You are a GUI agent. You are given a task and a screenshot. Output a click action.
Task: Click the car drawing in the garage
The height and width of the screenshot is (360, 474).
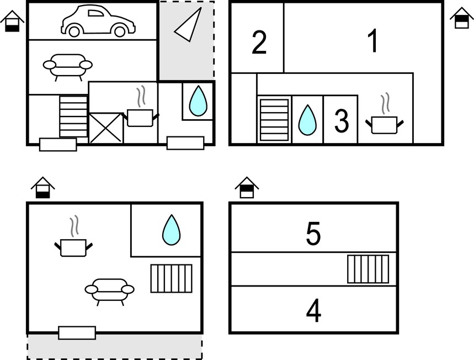(x=98, y=20)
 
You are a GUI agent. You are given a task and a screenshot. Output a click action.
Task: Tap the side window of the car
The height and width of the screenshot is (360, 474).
(x=95, y=13)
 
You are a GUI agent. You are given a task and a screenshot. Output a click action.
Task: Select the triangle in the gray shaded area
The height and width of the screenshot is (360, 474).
(x=188, y=24)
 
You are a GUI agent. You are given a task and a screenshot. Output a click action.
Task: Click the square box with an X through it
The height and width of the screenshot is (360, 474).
(x=106, y=128)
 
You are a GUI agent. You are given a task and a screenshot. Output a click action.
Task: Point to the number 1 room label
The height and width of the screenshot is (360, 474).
(x=373, y=40)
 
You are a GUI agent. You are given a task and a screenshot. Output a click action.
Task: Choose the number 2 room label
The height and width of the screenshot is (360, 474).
(x=259, y=43)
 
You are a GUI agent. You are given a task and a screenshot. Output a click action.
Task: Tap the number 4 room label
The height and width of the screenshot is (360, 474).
(x=313, y=311)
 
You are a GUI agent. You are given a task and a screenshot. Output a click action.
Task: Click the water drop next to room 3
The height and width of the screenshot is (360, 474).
(x=307, y=120)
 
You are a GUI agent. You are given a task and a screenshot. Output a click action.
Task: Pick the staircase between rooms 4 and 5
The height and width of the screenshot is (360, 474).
(x=368, y=269)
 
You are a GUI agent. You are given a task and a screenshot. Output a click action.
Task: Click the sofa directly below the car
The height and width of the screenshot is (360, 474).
(x=68, y=66)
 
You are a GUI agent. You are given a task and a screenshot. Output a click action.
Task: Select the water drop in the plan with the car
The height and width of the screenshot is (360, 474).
(x=198, y=100)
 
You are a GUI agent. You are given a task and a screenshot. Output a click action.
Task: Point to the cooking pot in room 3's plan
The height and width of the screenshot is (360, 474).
(x=384, y=119)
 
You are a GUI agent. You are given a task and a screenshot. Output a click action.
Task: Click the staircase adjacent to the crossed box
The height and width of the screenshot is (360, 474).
(x=73, y=117)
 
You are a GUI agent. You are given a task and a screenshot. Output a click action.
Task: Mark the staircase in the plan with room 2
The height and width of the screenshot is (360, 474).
(x=274, y=120)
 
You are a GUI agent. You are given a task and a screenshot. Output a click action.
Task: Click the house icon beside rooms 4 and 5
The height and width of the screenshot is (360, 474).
(x=247, y=187)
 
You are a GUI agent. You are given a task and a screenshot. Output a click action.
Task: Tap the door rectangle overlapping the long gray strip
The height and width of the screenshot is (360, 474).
(x=77, y=333)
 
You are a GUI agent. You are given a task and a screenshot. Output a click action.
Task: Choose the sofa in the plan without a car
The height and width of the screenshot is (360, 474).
(x=109, y=291)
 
